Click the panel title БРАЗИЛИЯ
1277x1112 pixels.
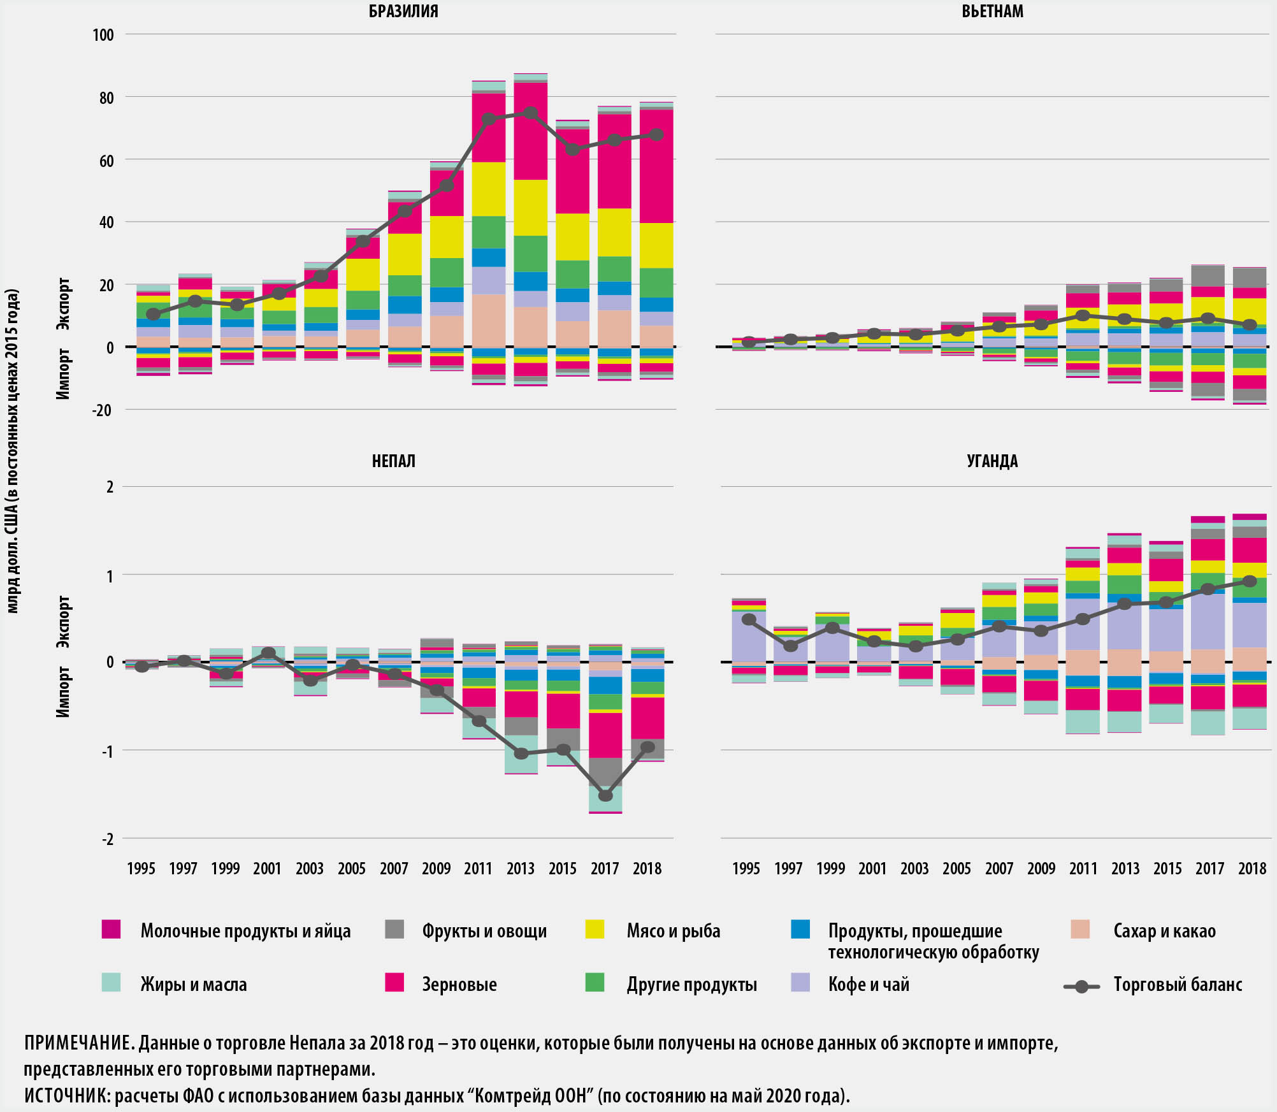point(403,11)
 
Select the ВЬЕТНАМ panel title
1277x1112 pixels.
point(992,11)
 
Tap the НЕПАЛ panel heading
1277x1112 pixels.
point(393,461)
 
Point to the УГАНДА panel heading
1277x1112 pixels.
point(992,461)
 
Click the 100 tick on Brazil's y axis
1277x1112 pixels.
point(103,35)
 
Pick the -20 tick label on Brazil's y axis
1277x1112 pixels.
point(102,410)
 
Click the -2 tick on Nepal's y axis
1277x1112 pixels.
point(108,839)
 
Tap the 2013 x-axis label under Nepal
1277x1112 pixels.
point(521,869)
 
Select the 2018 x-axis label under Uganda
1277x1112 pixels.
point(1252,869)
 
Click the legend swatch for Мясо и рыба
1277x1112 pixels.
point(595,929)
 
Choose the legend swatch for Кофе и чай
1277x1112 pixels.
point(800,982)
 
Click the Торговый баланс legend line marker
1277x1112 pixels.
point(1081,986)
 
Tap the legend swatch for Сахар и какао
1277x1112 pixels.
point(1080,929)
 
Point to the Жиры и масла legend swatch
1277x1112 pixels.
point(111,982)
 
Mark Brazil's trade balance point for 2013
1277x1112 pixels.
point(531,113)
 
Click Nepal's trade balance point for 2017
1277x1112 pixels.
point(605,795)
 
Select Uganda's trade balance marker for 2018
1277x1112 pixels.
point(1250,581)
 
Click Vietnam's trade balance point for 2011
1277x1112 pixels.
point(1083,315)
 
